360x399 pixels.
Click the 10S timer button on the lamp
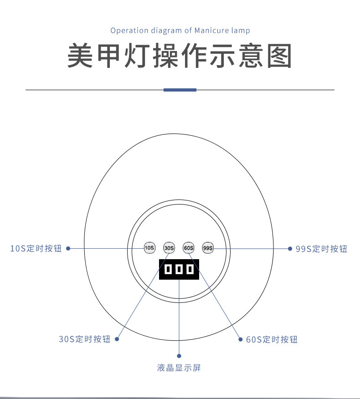point(149,248)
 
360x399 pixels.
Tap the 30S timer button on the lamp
point(169,248)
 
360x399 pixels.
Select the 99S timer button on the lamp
point(208,248)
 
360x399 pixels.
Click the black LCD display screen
point(179,269)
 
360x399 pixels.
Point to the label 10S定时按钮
point(36,249)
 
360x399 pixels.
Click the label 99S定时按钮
point(321,249)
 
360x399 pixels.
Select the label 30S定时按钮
point(84,339)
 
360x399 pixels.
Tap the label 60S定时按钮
point(272,339)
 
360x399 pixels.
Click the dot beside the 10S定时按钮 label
point(68,248)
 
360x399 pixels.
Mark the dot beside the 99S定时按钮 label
point(290,248)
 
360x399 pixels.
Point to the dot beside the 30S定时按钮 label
point(117,339)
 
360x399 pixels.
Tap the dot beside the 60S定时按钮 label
point(241,339)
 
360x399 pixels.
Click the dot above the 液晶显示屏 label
point(179,356)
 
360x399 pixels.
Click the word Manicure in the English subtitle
point(210,31)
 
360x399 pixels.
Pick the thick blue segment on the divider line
point(180,90)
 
